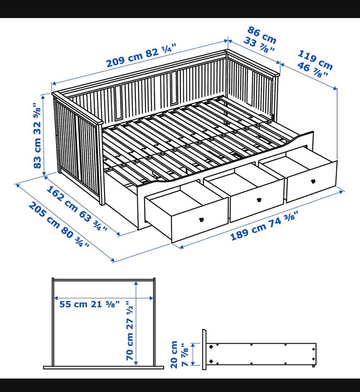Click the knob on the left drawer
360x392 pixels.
pyautogui.click(x=201, y=220)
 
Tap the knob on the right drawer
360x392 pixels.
pyautogui.click(x=313, y=181)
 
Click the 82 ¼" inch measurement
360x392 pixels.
pyautogui.click(x=161, y=51)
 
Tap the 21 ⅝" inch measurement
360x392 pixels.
pyautogui.click(x=105, y=304)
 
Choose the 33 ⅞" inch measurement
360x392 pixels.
pyautogui.click(x=259, y=45)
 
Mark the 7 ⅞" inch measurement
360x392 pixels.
pyautogui.click(x=185, y=355)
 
